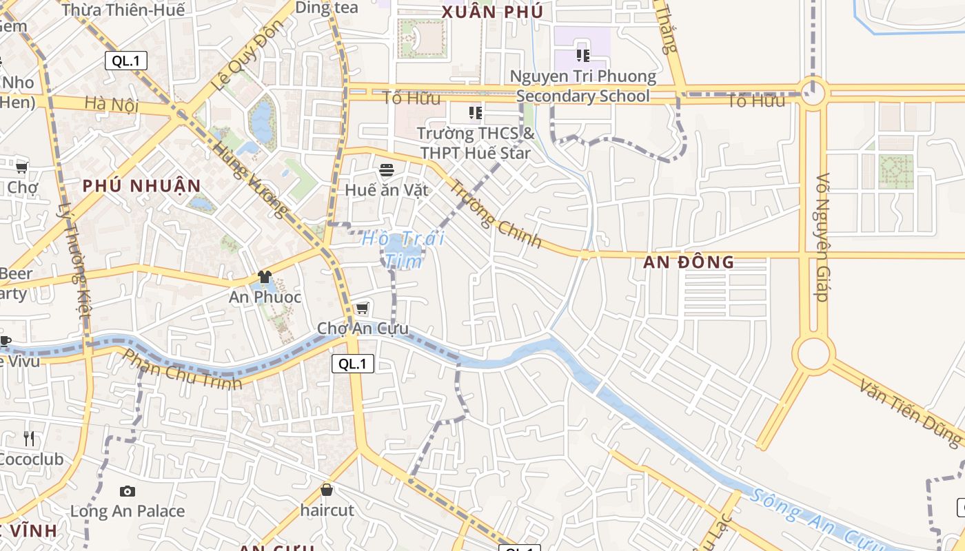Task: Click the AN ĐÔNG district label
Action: click(x=689, y=262)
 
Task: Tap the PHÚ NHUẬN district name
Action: click(x=141, y=186)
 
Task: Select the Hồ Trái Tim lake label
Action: click(x=404, y=249)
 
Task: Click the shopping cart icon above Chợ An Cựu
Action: click(x=362, y=308)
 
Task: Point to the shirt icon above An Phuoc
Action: click(x=265, y=278)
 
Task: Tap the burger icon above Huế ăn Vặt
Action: click(x=387, y=169)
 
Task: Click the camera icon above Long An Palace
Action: click(x=127, y=491)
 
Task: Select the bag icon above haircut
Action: click(x=327, y=490)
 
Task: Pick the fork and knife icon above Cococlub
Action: click(x=28, y=439)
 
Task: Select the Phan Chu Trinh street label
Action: click(x=182, y=370)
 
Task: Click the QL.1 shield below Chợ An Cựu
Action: click(x=352, y=364)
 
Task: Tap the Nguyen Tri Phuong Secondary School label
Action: click(x=583, y=85)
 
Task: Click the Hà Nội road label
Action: click(x=112, y=105)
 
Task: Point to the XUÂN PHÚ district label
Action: click(x=492, y=12)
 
